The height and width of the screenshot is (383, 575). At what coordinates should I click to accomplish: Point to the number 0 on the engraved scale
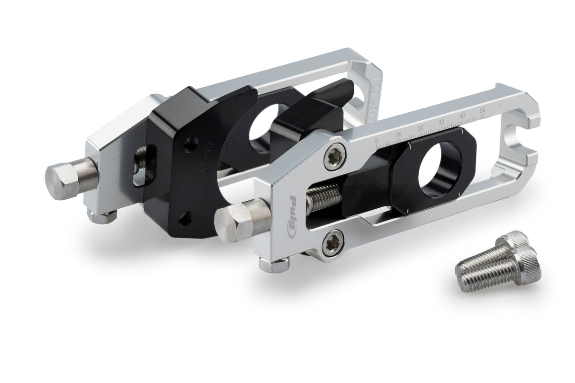tap(376, 141)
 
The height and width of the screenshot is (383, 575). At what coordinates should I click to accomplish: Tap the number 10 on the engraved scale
tap(398, 134)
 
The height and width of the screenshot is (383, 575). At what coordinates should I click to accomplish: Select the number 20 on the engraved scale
tap(420, 128)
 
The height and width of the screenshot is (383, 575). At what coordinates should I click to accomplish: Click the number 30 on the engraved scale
tap(441, 122)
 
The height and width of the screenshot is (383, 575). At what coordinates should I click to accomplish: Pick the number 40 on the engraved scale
tap(462, 116)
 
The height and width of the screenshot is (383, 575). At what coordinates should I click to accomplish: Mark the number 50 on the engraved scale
tap(483, 110)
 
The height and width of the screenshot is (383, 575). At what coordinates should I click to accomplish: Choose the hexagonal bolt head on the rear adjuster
tap(65, 180)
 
